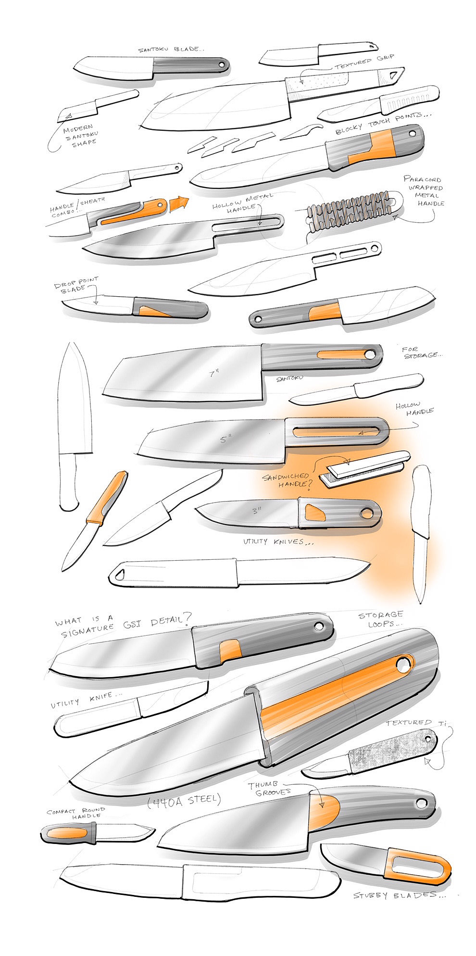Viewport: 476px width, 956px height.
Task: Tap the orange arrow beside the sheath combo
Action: tap(177, 202)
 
